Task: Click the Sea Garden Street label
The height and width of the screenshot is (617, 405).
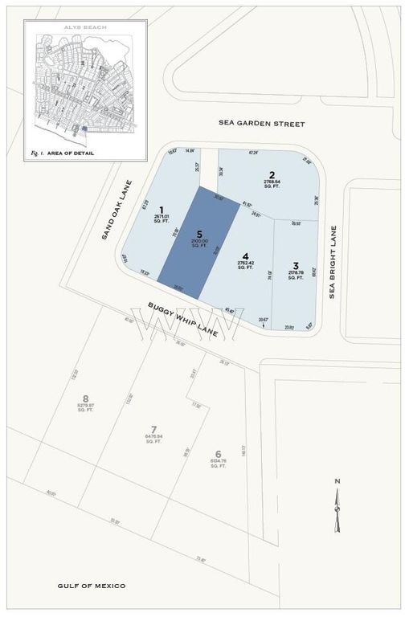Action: (x=262, y=124)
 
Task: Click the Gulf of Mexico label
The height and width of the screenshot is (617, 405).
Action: (x=92, y=586)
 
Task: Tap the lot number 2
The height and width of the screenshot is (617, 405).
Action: (x=272, y=175)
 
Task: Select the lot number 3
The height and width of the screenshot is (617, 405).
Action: (x=296, y=266)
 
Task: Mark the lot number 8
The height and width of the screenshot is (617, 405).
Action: (x=86, y=399)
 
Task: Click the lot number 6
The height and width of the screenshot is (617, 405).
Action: (x=218, y=453)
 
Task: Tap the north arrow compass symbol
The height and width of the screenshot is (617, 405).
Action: (x=338, y=505)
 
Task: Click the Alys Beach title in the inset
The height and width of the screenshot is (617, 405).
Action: (x=85, y=27)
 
